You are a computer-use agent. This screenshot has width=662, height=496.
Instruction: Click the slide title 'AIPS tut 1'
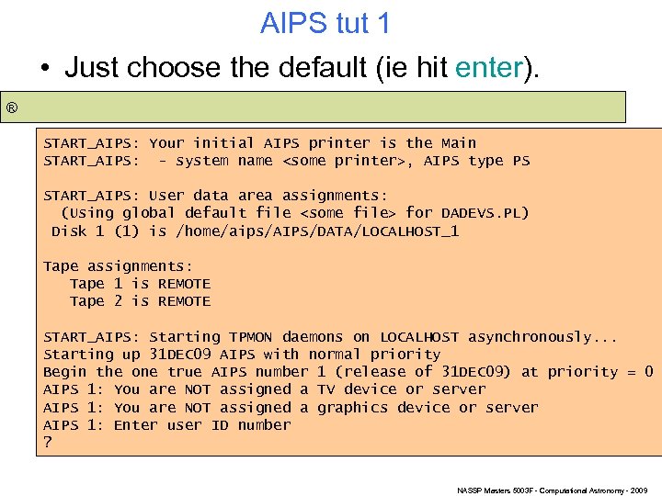pos(325,23)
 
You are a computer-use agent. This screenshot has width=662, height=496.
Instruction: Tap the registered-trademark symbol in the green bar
pos(12,108)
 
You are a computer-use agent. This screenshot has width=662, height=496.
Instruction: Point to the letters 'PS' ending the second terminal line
pos(520,161)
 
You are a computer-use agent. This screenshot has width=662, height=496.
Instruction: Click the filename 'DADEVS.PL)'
pos(485,214)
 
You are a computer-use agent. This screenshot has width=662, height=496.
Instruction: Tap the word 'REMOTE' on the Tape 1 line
pos(184,284)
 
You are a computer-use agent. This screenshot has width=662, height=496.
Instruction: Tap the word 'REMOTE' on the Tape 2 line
pos(184,301)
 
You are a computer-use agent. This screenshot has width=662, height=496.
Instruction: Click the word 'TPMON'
pos(251,337)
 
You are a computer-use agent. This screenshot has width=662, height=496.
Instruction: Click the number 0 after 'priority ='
pos(648,372)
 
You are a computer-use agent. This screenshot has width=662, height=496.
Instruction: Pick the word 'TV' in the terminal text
pos(325,389)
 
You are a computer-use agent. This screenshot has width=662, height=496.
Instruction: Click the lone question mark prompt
pos(48,443)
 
